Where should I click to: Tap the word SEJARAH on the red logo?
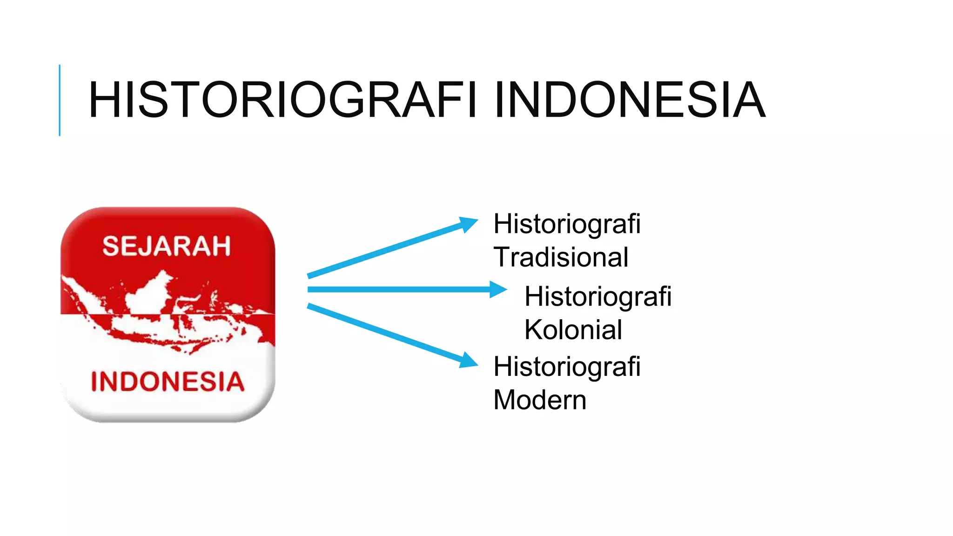pyautogui.click(x=167, y=246)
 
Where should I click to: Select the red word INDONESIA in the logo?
pyautogui.click(x=168, y=382)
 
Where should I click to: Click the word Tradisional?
pyautogui.click(x=561, y=257)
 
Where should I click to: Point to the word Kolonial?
pyautogui.click(x=573, y=330)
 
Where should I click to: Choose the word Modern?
pyautogui.click(x=540, y=400)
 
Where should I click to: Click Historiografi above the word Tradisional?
pyautogui.click(x=567, y=224)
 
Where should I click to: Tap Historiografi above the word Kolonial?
pyautogui.click(x=598, y=296)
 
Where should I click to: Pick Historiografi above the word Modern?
pyautogui.click(x=567, y=367)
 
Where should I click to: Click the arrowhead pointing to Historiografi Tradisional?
pyautogui.click(x=468, y=224)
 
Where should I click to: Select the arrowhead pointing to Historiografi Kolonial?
pyautogui.click(x=497, y=289)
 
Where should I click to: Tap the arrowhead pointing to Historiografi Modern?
pyautogui.click(x=468, y=361)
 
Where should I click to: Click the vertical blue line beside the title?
pyautogui.click(x=60, y=100)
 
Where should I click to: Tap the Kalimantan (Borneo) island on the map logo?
pyautogui.click(x=149, y=293)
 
